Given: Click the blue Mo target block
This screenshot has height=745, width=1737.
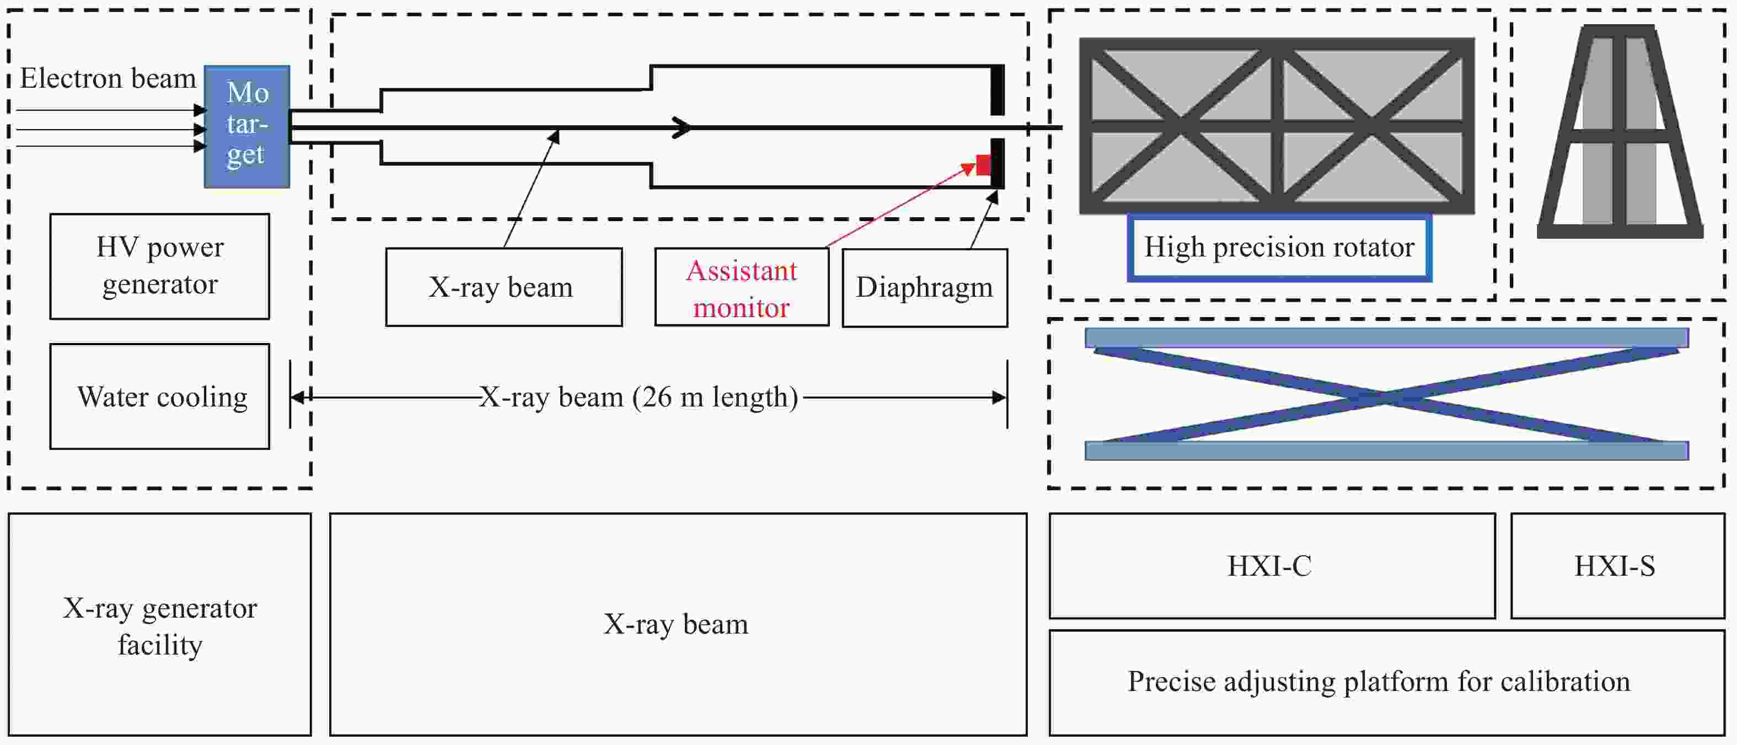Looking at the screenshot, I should pos(247,126).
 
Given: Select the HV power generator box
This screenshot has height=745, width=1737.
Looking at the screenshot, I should pos(160,266).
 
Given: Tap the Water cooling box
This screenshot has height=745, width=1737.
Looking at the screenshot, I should pos(160,396).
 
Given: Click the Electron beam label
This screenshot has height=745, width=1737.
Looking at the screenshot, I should pos(108,78).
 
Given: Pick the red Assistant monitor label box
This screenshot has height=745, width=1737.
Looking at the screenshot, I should pos(742,288).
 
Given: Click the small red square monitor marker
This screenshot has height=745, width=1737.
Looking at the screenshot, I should pos(984,164).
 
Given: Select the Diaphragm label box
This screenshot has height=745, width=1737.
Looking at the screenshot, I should pos(924,288).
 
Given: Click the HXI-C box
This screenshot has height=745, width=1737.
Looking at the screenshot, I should pos(1272,566).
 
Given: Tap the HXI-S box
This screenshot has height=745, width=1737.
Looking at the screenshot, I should pos(1617,566).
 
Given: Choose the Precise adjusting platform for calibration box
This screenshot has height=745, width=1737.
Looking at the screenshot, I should pos(1386,682).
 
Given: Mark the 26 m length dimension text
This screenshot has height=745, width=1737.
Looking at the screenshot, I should pos(639,397).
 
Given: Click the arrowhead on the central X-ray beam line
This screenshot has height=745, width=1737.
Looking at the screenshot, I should pos(683,127).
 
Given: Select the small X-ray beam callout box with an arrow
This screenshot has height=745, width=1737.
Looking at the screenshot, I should pos(503,288).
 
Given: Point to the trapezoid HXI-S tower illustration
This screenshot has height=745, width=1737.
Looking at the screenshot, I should pos(1620,131).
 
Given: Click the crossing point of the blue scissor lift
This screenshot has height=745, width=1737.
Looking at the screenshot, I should pos(1385,394).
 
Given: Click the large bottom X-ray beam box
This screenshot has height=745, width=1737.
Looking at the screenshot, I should pos(678,624).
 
